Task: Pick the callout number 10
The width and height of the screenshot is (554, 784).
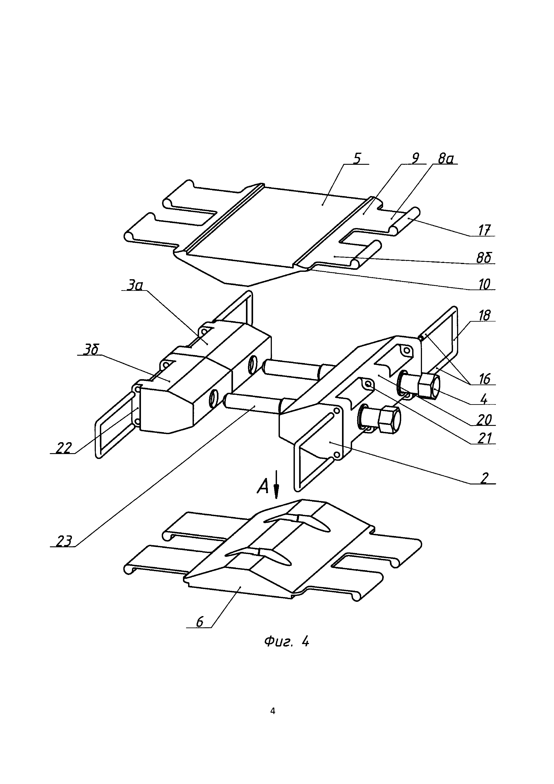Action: (484, 284)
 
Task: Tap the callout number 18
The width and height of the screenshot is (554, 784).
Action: (484, 316)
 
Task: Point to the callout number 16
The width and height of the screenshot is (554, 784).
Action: (484, 379)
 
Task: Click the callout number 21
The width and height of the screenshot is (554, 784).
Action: (484, 438)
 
